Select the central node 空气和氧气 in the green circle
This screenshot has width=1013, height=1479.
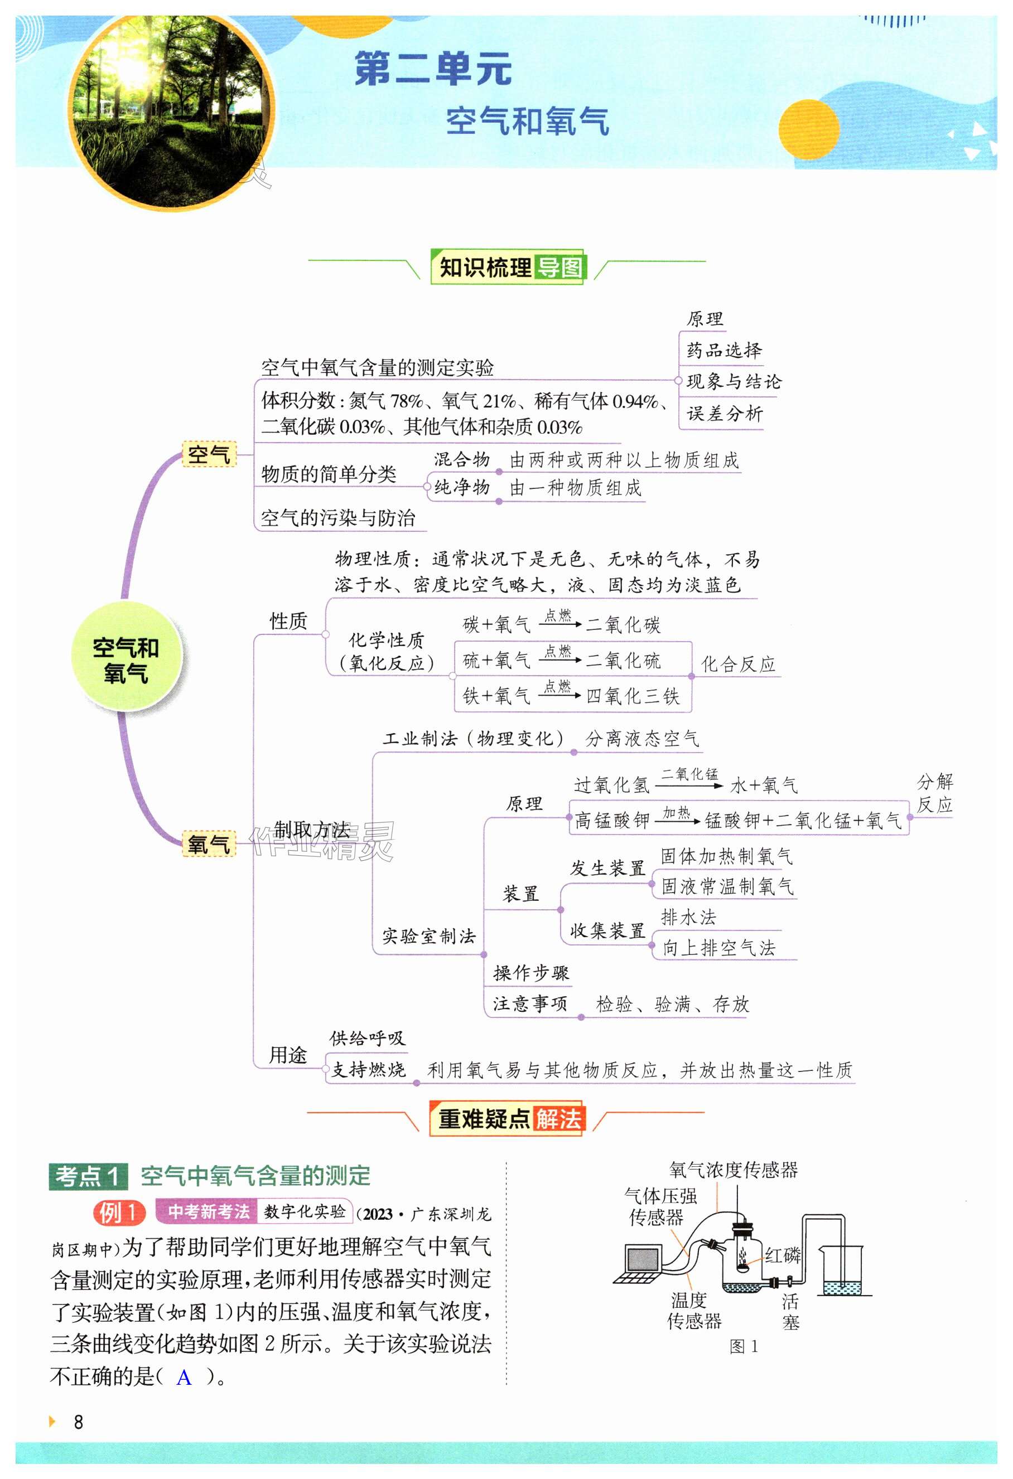[x=126, y=660]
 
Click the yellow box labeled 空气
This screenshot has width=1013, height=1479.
[x=209, y=454]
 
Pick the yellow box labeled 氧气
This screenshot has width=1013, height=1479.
[x=208, y=844]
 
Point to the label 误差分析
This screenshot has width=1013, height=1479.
[x=724, y=414]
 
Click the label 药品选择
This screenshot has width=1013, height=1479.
[x=724, y=350]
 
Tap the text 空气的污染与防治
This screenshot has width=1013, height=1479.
[x=337, y=518]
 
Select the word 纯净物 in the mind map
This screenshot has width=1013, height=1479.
[x=462, y=487]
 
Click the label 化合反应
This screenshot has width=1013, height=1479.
[x=738, y=665]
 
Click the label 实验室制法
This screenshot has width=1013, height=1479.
[x=428, y=935]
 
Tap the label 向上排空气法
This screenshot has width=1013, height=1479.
[x=719, y=948]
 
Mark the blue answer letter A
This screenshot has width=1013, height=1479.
[x=184, y=1378]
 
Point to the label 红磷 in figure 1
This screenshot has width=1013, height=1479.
[x=782, y=1255]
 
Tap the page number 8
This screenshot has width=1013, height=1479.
[x=78, y=1422]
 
